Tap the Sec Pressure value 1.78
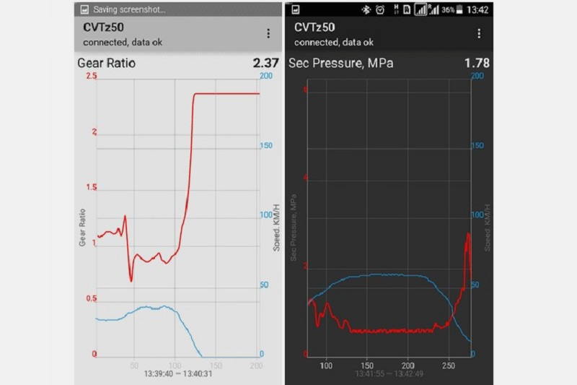[x=477, y=63]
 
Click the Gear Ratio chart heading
[x=106, y=63]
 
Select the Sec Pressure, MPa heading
[x=341, y=63]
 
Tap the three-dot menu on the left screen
[x=268, y=33]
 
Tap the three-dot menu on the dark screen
[x=479, y=33]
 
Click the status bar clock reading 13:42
[x=477, y=10]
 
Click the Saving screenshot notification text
[x=130, y=10]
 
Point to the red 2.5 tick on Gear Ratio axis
[x=91, y=77]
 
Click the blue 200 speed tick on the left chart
[x=265, y=75]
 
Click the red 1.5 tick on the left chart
[x=91, y=188]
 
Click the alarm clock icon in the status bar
[x=379, y=10]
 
